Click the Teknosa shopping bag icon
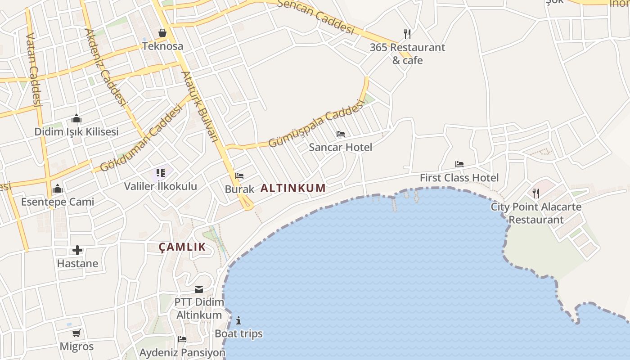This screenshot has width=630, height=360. pyautogui.click(x=162, y=33)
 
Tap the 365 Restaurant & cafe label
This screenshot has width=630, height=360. pyautogui.click(x=407, y=54)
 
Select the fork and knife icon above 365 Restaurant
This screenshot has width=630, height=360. pyautogui.click(x=407, y=34)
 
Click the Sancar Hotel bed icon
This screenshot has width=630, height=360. pyautogui.click(x=341, y=134)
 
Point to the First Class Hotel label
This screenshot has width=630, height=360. pyautogui.click(x=459, y=178)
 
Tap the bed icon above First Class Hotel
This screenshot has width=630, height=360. pyautogui.click(x=459, y=164)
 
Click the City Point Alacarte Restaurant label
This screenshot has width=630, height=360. pyautogui.click(x=536, y=213)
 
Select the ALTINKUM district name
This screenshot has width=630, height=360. pyautogui.click(x=293, y=188)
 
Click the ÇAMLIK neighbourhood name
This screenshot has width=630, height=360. pyautogui.click(x=182, y=247)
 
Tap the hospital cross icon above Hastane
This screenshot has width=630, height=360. pyautogui.click(x=77, y=250)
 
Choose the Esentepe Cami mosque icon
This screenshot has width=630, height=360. pyautogui.click(x=58, y=189)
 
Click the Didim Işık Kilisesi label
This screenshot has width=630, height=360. pyautogui.click(x=76, y=132)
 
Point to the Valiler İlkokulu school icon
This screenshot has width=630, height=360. pyautogui.click(x=161, y=173)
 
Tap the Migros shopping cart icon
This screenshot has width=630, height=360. pyautogui.click(x=76, y=333)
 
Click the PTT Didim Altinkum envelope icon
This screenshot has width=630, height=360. pyautogui.click(x=199, y=289)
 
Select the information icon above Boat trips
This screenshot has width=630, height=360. pyautogui.click(x=238, y=320)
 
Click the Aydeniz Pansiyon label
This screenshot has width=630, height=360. pyautogui.click(x=182, y=353)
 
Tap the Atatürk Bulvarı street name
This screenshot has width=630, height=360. pyautogui.click(x=199, y=106)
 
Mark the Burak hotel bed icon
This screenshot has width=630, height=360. pyautogui.click(x=239, y=176)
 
